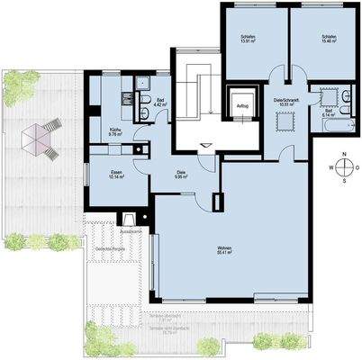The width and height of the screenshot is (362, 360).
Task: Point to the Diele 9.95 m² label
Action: [180, 175]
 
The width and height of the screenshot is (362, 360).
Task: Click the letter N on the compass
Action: [343, 154]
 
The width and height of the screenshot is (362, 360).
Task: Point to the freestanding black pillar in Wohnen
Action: [216, 202]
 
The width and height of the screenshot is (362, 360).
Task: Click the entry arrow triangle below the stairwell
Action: [208, 144]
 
